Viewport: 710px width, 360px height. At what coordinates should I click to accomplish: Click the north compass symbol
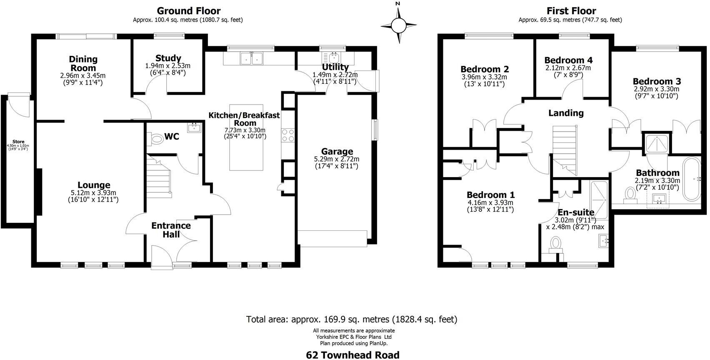(398, 25)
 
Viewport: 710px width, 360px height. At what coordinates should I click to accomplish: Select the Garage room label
(337, 152)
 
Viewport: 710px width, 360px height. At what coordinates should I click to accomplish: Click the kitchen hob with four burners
(288, 135)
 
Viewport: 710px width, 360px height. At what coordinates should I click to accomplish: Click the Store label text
(18, 142)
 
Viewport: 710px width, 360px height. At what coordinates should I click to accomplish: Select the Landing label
(565, 113)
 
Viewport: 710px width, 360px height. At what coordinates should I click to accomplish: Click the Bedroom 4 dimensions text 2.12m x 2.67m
(568, 68)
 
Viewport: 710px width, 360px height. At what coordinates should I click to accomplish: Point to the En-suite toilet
(556, 244)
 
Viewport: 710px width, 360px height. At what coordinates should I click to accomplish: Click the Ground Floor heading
(189, 11)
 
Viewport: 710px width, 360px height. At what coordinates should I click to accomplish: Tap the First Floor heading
(571, 11)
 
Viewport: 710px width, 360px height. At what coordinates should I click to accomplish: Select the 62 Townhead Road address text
(352, 355)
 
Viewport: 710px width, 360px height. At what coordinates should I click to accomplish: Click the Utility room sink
(334, 57)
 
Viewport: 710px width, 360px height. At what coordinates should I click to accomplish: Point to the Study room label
(168, 58)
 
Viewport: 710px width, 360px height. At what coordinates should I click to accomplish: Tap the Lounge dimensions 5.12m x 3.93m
(94, 192)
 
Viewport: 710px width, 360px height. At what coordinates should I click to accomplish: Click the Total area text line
(352, 320)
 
